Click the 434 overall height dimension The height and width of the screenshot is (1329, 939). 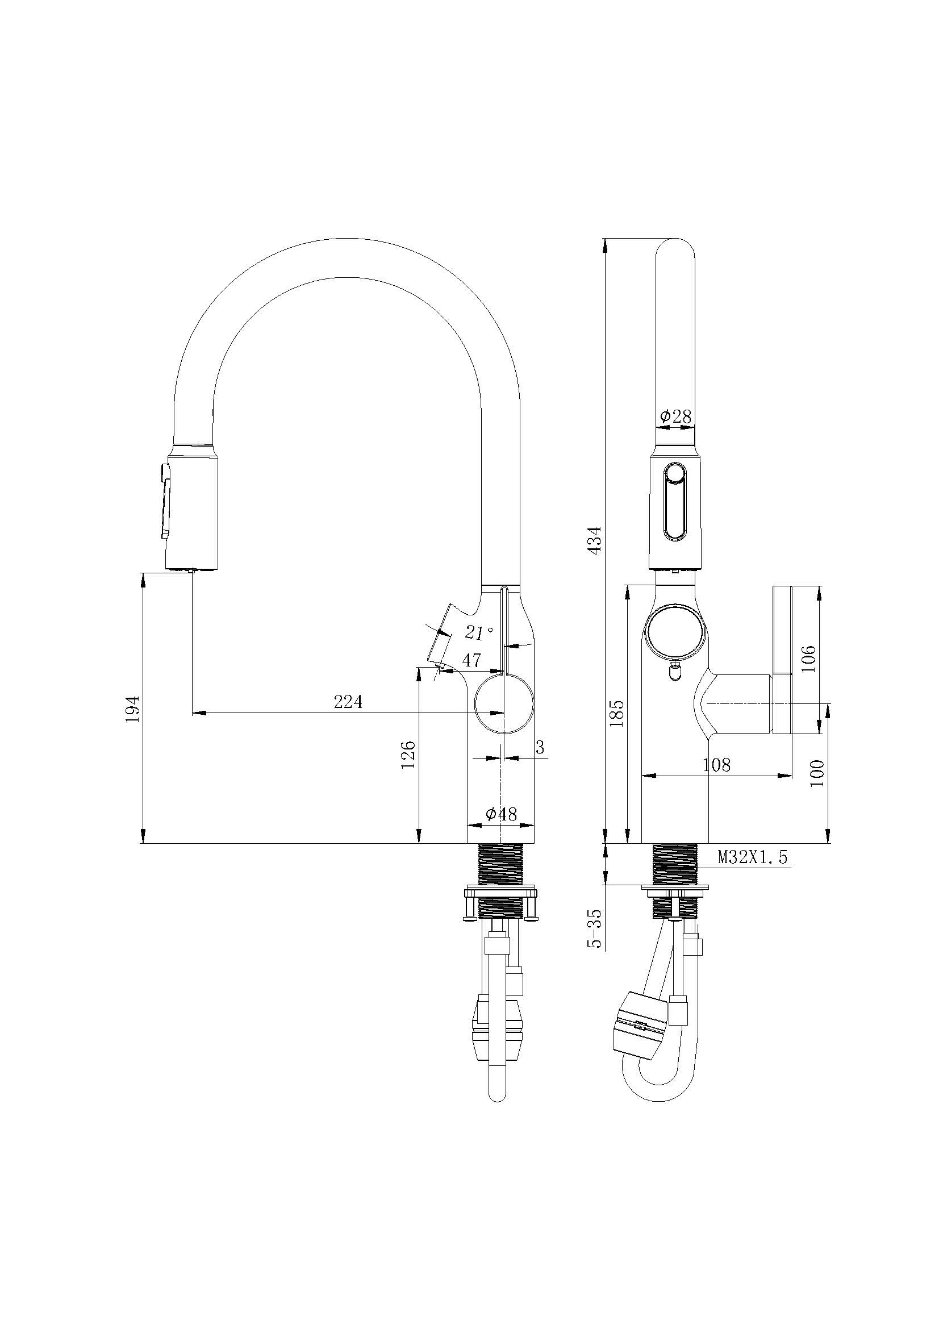(x=595, y=538)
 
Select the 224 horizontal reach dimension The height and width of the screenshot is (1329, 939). (x=348, y=702)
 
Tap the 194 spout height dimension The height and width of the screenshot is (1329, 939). (x=132, y=709)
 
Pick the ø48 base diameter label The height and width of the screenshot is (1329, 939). (x=501, y=814)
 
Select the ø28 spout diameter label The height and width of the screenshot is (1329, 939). (x=675, y=416)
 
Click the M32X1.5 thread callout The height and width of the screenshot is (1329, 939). (x=753, y=857)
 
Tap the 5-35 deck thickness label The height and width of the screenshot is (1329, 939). (x=595, y=928)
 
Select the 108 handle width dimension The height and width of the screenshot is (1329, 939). (x=717, y=765)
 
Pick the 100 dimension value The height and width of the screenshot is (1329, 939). (x=817, y=773)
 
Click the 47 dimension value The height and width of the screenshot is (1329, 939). (x=472, y=660)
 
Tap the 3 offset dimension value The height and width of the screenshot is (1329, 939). (x=540, y=748)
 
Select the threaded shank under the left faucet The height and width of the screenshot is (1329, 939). (x=501, y=865)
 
